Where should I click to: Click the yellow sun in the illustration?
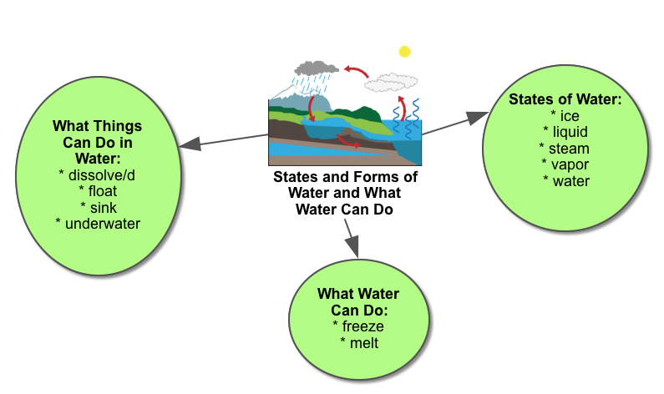coord(404,52)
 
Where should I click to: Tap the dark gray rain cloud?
coord(317,68)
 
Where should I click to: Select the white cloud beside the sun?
coord(391,83)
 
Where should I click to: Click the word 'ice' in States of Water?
coord(570,116)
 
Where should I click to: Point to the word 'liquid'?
coord(570,132)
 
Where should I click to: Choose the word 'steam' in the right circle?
coord(569,149)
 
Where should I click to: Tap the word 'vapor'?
coord(570,164)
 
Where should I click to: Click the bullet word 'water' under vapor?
coord(571,181)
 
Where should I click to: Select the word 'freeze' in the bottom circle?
coord(363,326)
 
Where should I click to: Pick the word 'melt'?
coord(364,343)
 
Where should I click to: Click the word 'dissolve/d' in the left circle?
coord(102,175)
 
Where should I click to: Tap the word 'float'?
coord(103,191)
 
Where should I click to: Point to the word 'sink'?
coord(104,208)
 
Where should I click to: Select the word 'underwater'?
coord(103,224)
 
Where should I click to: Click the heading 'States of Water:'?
coord(565,99)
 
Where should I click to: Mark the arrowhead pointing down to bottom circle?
coord(352,246)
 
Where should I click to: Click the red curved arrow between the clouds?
coord(356,71)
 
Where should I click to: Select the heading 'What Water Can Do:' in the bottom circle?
coord(358,301)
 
